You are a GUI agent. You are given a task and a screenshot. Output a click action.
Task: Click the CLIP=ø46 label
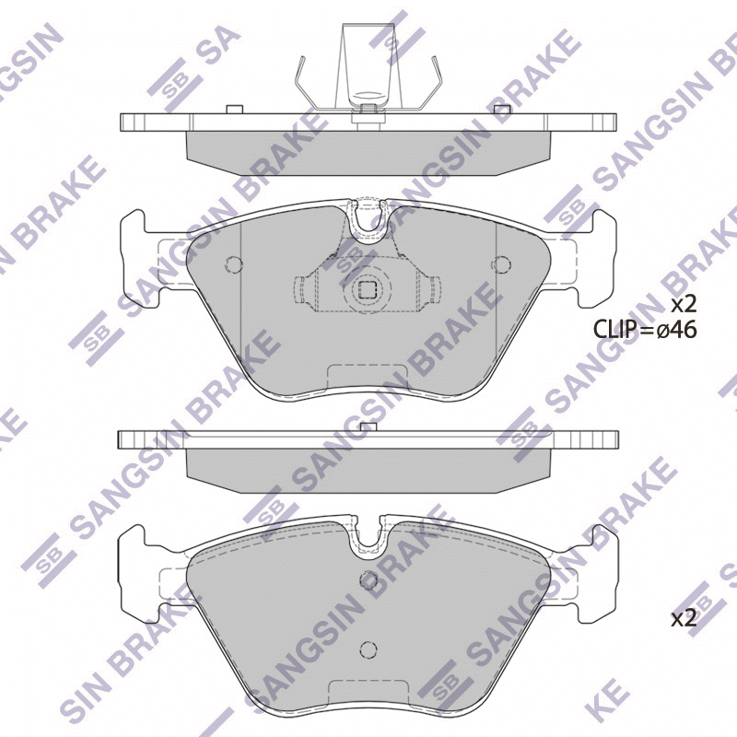(x=645, y=330)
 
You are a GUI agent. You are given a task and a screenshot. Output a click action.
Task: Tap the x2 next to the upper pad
(x=683, y=306)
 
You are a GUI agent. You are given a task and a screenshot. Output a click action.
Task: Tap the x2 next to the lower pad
(x=683, y=620)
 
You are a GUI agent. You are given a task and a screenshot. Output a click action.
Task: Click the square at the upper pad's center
(x=367, y=289)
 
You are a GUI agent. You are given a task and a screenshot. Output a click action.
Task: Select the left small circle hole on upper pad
(x=234, y=264)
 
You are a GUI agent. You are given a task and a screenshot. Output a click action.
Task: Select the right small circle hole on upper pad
(x=501, y=264)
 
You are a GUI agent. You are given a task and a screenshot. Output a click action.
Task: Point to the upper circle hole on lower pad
(x=368, y=579)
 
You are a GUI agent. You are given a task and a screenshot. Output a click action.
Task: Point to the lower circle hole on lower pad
(x=368, y=650)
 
